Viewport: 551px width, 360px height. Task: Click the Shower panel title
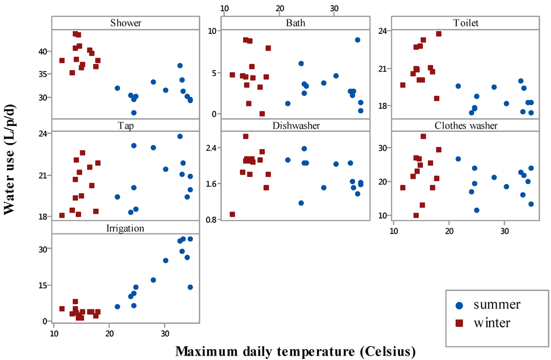tap(125, 23)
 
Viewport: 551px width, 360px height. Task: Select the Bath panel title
tap(295, 23)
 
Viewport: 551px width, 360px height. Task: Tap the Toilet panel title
tap(465, 23)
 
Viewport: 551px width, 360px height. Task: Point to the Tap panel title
tap(125, 125)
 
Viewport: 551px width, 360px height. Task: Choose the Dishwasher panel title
tap(295, 125)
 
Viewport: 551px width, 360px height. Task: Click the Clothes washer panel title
tap(465, 125)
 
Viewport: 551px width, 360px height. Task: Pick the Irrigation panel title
tap(125, 228)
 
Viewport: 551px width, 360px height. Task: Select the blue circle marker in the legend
tap(460, 305)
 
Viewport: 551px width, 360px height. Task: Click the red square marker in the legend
tap(460, 323)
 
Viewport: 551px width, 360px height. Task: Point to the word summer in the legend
tap(497, 305)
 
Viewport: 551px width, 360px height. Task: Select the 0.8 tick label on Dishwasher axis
tap(213, 220)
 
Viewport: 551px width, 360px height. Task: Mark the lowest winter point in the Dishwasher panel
tap(232, 214)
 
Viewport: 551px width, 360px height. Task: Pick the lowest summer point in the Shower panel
tap(134, 112)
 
